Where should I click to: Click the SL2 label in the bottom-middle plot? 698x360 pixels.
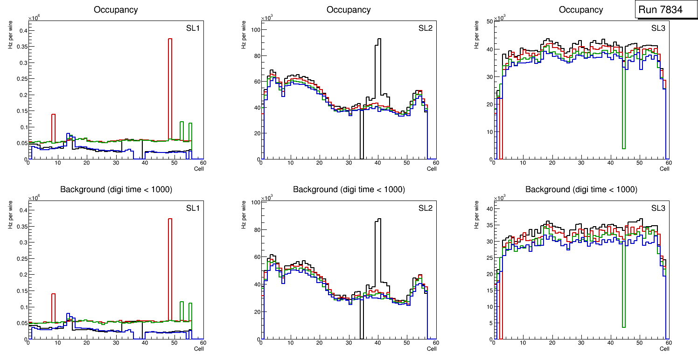pyautogui.click(x=425, y=208)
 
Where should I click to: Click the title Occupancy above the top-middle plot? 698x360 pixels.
pyautogui.click(x=349, y=10)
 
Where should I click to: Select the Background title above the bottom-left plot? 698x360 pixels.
pyautogui.click(x=116, y=189)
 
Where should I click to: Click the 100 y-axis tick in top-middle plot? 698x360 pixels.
pyautogui.click(x=254, y=30)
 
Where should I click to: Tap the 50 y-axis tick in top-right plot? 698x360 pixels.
pyautogui.click(x=487, y=21)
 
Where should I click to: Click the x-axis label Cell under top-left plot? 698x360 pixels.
pyautogui.click(x=199, y=169)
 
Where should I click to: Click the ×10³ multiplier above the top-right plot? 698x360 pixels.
pyautogui.click(x=500, y=18)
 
